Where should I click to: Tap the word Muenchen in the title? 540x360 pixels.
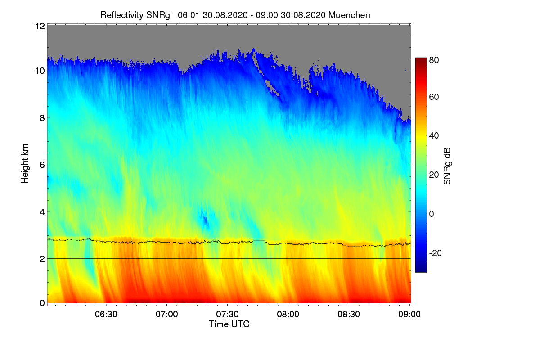[349, 15]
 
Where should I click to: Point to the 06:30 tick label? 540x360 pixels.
[106, 315]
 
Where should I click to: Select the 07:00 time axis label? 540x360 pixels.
[167, 315]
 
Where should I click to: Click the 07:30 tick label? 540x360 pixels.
[228, 315]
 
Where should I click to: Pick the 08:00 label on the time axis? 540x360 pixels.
[288, 315]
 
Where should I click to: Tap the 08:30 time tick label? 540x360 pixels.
[349, 315]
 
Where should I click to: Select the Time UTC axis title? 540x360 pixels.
[229, 324]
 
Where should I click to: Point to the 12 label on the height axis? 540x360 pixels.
[39, 26]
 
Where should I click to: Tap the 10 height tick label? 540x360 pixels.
[39, 71]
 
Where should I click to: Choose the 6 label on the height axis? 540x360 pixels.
[42, 165]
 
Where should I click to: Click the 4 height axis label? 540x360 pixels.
[42, 212]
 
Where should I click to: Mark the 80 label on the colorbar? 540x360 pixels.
[434, 59]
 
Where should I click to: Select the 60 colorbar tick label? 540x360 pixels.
[434, 97]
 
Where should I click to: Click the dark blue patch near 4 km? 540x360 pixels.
[205, 220]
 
